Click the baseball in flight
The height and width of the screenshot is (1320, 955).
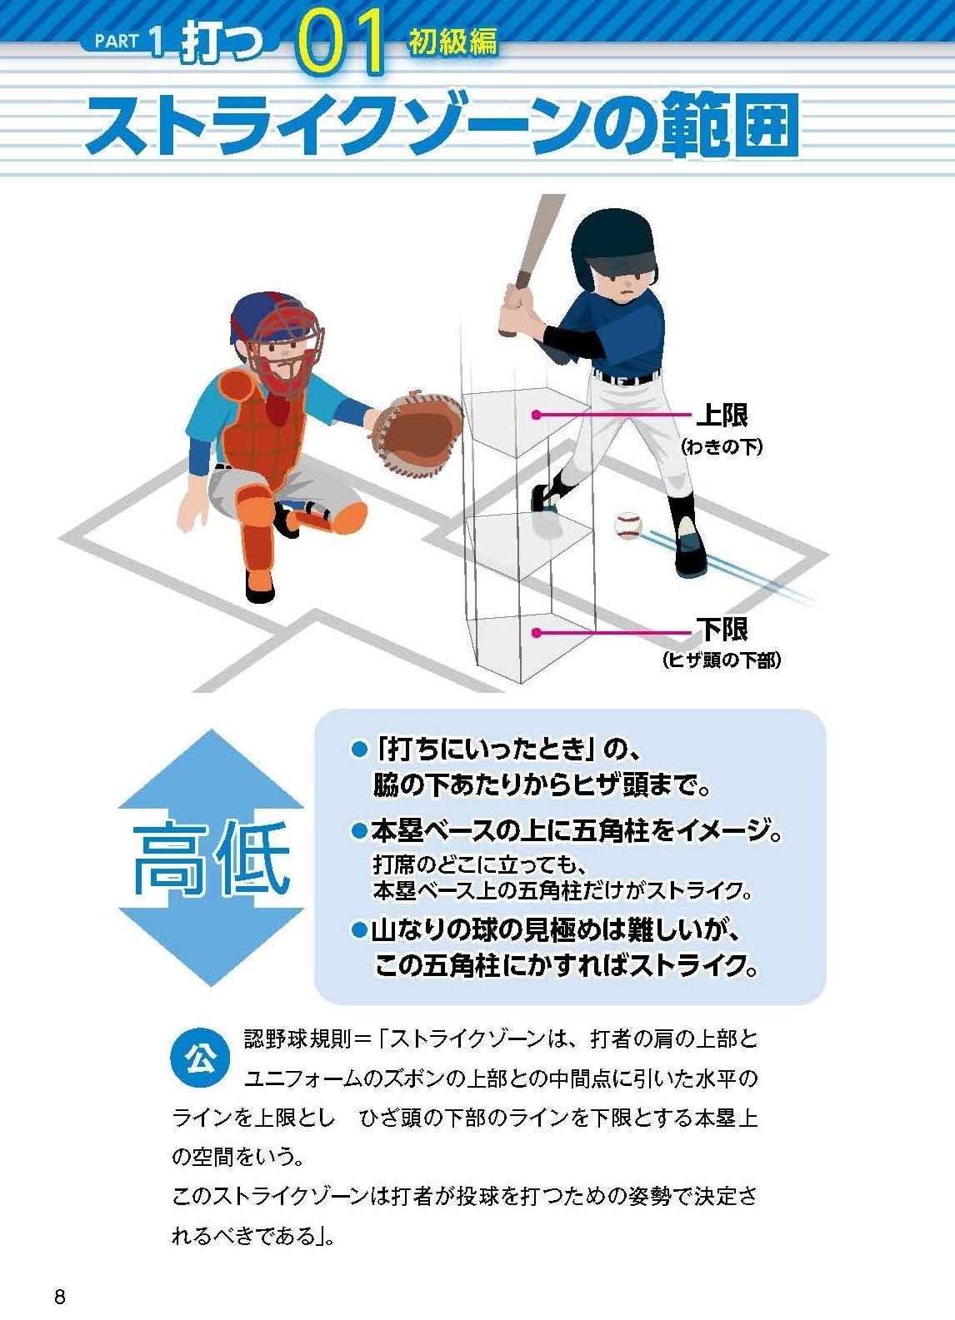627,526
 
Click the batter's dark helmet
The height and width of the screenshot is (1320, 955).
613,247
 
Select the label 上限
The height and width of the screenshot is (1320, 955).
722,415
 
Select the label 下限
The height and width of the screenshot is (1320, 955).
722,630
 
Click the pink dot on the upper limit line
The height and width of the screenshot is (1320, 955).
536,415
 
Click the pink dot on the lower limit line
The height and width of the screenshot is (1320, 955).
536,633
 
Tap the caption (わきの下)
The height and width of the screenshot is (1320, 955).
722,447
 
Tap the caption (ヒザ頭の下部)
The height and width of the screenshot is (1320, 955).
722,660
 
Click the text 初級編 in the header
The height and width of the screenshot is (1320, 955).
452,42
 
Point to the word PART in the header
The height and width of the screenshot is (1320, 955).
117,42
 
